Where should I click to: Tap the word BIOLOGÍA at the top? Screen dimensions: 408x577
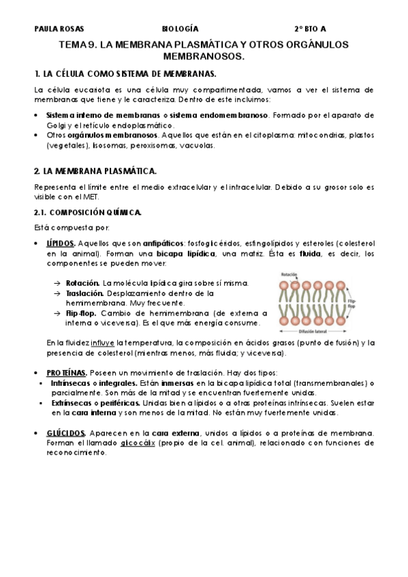(x=181, y=29)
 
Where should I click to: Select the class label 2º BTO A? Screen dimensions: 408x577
(x=310, y=29)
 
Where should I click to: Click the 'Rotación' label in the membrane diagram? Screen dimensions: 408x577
(x=289, y=275)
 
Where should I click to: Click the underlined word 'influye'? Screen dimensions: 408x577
(x=103, y=343)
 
